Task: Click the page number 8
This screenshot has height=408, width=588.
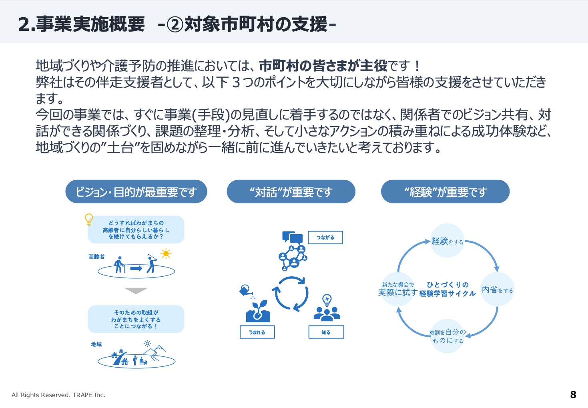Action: tap(573, 395)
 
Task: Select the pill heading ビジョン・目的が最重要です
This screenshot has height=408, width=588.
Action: tap(136, 192)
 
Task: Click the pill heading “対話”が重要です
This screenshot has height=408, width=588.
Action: tap(291, 192)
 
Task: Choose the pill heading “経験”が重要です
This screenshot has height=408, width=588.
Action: tap(445, 192)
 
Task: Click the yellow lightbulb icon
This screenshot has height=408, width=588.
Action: tap(89, 219)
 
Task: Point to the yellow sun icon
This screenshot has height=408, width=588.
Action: tap(166, 254)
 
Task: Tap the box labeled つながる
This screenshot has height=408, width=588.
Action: tap(325, 237)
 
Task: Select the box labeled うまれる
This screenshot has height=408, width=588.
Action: tap(257, 332)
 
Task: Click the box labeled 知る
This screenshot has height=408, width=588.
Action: tap(326, 332)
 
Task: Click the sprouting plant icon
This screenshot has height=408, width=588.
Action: tap(258, 311)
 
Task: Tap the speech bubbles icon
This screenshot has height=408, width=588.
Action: tap(292, 238)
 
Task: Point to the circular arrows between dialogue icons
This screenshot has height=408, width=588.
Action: tap(291, 293)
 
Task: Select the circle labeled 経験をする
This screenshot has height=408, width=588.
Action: tap(447, 241)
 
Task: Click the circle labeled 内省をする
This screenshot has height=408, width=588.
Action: tap(497, 289)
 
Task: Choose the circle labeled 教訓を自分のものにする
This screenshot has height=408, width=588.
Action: tap(447, 336)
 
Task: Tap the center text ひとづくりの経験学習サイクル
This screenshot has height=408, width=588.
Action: tap(447, 289)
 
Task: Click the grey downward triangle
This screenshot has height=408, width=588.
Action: tap(136, 291)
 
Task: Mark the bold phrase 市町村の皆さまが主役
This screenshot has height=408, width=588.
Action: tap(323, 65)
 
